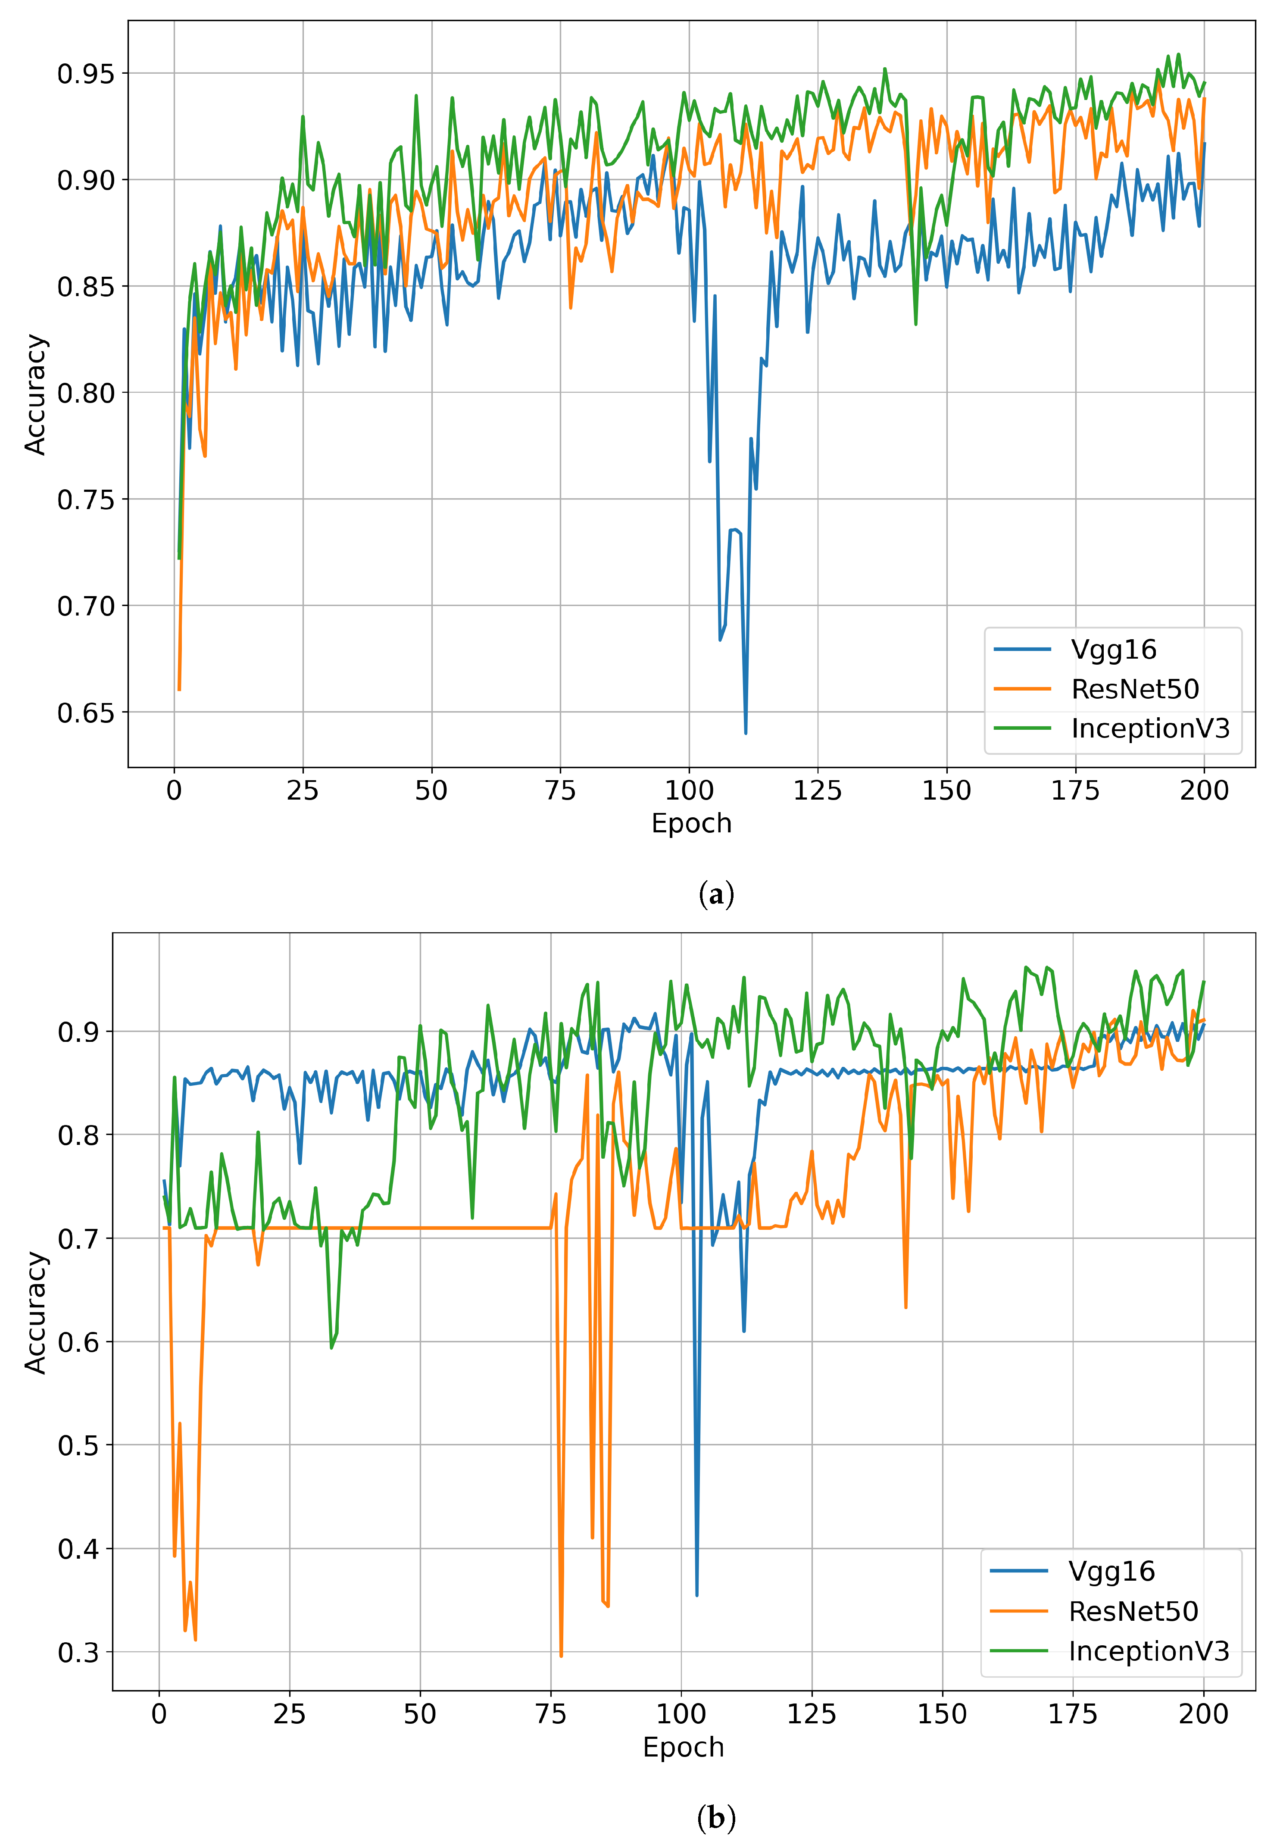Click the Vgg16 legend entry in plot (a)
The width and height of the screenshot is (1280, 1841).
tap(1112, 650)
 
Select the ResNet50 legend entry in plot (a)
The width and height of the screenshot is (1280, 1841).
tap(1134, 689)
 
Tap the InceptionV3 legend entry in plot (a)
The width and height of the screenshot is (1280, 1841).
tap(1149, 728)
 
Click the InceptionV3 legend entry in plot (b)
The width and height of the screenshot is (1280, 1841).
tap(1148, 1651)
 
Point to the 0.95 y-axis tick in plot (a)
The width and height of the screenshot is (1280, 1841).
tap(86, 74)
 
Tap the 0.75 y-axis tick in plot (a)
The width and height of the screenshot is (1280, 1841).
tap(86, 500)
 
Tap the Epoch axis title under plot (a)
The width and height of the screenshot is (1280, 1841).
tap(691, 823)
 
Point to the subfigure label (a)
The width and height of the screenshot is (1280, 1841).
tap(716, 894)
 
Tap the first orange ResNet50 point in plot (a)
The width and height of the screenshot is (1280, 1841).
tap(179, 690)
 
